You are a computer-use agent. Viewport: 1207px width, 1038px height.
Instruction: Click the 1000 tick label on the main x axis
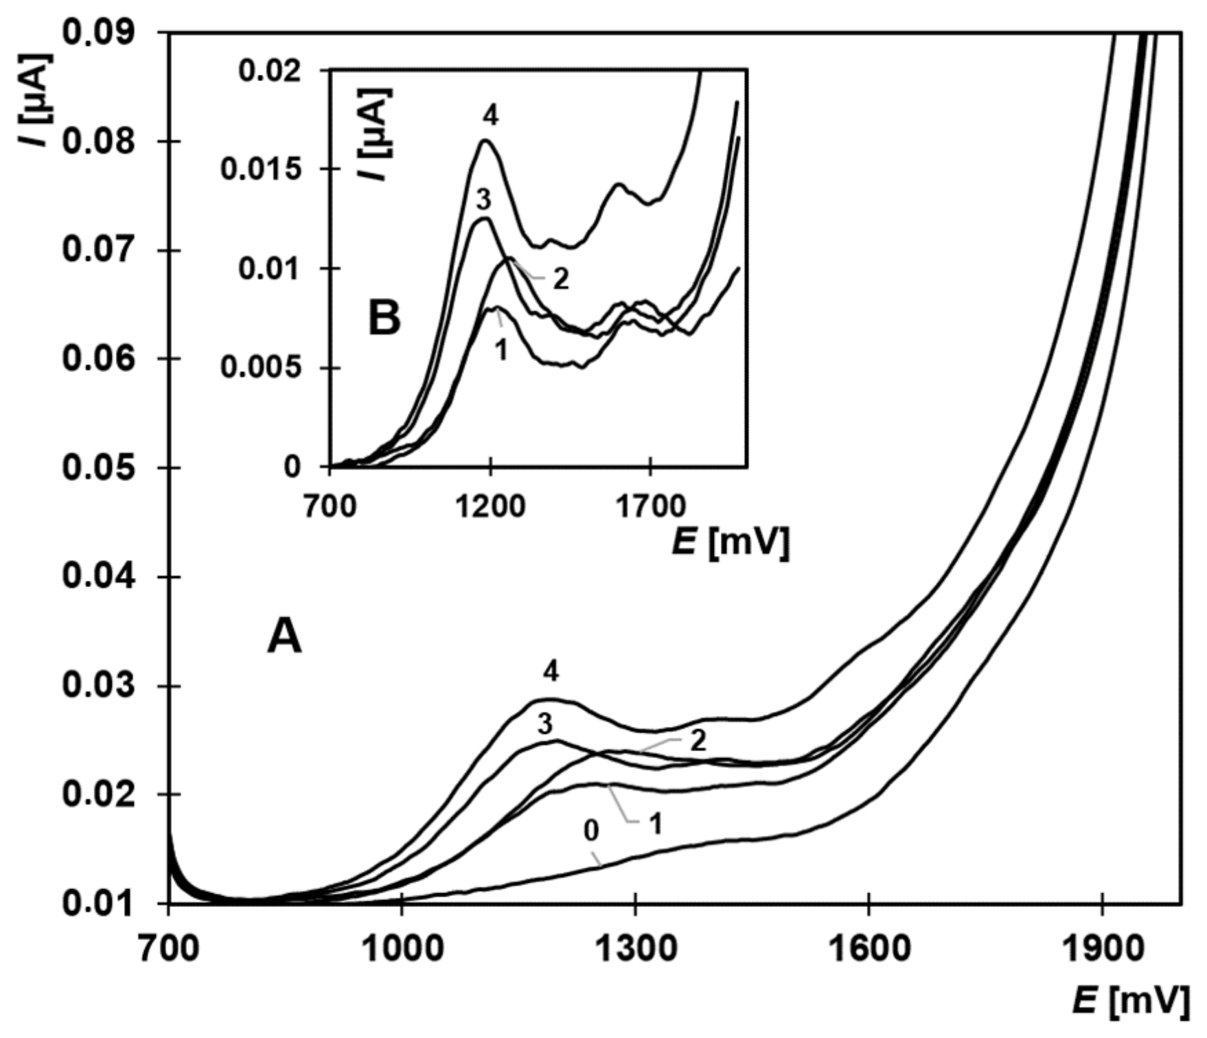coord(402,949)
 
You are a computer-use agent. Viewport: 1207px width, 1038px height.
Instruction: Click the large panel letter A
coord(284,637)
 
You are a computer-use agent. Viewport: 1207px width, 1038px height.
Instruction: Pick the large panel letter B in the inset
coord(384,319)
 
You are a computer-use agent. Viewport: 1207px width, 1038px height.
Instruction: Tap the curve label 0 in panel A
coord(591,831)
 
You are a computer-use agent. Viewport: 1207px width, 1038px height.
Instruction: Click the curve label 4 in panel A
coord(550,672)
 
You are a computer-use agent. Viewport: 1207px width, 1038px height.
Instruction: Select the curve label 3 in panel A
coord(544,725)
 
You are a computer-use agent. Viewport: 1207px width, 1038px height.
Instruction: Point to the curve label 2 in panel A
coord(698,741)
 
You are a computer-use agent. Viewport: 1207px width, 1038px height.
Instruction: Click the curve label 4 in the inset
coord(490,117)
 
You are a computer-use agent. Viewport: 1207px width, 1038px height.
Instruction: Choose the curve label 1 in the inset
coord(501,351)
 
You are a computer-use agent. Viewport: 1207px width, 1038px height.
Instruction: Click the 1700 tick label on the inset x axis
coord(650,507)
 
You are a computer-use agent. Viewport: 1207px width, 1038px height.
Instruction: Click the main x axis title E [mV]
coord(1130,1002)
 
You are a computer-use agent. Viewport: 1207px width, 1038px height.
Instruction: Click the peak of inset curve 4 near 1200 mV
coord(485,141)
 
